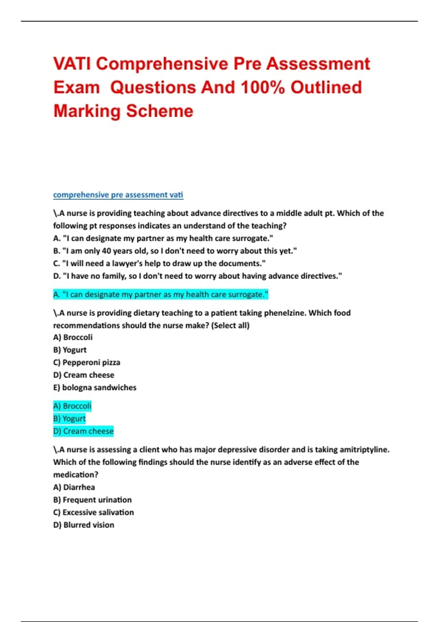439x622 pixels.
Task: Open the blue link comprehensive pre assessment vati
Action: click(x=118, y=195)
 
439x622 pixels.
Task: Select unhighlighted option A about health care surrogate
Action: click(x=163, y=239)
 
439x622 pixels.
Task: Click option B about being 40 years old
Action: click(x=175, y=251)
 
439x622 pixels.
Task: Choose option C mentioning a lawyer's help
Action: click(x=159, y=263)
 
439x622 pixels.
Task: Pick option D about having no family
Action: click(x=198, y=276)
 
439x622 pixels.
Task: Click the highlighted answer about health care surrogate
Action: click(x=161, y=295)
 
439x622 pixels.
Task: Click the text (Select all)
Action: click(x=230, y=326)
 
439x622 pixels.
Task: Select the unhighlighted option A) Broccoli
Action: click(x=73, y=337)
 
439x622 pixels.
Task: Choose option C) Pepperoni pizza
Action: click(x=87, y=363)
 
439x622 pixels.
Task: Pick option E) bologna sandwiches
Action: click(x=95, y=388)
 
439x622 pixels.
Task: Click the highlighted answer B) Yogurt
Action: click(x=70, y=419)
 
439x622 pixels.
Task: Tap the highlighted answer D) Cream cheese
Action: click(x=83, y=431)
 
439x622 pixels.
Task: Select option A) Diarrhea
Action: click(x=74, y=487)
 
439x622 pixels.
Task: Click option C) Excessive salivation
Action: click(x=94, y=513)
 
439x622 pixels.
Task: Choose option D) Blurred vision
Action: click(x=84, y=525)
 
